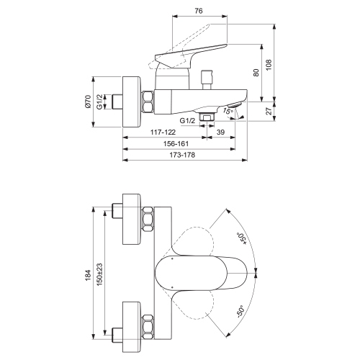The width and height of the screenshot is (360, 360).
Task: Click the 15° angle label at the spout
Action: [228, 111]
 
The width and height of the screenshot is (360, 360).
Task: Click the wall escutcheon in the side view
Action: [130, 101]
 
